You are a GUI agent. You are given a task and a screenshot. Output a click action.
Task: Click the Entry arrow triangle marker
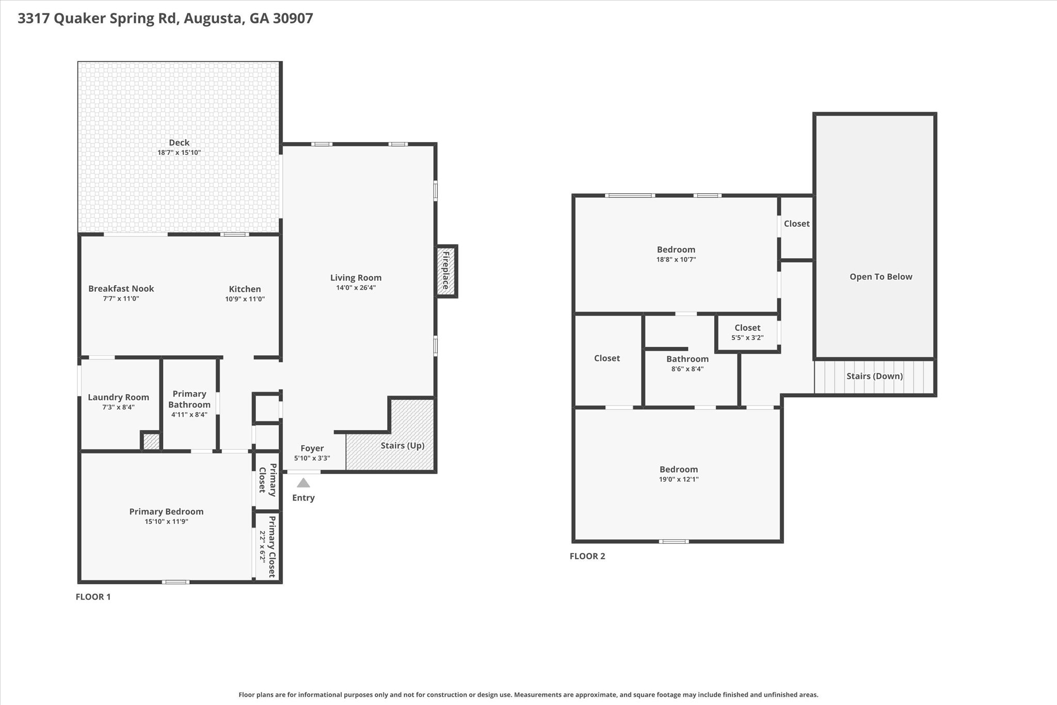tap(303, 483)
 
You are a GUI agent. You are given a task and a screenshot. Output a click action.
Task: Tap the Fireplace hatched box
tap(446, 271)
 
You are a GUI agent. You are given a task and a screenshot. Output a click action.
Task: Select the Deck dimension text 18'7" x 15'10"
tap(179, 153)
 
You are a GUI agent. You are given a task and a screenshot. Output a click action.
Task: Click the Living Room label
tap(356, 278)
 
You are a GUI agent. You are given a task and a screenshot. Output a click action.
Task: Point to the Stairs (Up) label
tap(402, 446)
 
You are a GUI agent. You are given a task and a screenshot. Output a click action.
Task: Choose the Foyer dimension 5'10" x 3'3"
tap(312, 459)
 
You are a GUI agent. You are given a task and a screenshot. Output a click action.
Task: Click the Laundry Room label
tap(118, 397)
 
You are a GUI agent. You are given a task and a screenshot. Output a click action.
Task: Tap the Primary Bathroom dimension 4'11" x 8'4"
tap(189, 415)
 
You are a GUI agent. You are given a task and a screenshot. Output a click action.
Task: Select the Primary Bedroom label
tap(166, 511)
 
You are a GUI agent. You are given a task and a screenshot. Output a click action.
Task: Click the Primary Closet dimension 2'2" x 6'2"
tap(262, 547)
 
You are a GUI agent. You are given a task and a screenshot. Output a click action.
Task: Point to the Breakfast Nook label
tap(121, 289)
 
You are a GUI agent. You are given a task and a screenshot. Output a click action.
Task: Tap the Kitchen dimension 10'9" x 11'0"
tap(245, 299)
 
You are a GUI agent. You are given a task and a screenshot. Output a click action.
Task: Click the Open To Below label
tap(880, 277)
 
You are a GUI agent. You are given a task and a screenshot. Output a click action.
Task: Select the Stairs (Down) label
tap(874, 376)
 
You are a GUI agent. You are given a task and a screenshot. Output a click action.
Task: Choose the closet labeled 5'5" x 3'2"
tap(747, 333)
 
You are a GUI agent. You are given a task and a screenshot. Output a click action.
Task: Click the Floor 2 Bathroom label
tap(687, 359)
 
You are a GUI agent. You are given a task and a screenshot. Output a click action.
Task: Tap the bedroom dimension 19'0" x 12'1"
tap(678, 479)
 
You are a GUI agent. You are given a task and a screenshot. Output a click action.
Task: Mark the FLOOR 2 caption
tap(587, 556)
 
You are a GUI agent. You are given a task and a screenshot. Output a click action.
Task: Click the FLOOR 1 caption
tap(93, 597)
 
